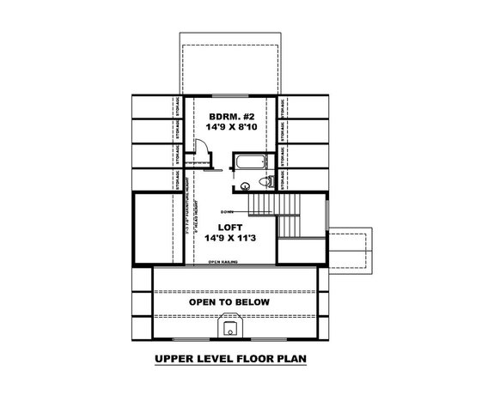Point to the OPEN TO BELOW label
click(229, 302)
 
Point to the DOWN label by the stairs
click(228, 210)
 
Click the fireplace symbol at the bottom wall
click(229, 326)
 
